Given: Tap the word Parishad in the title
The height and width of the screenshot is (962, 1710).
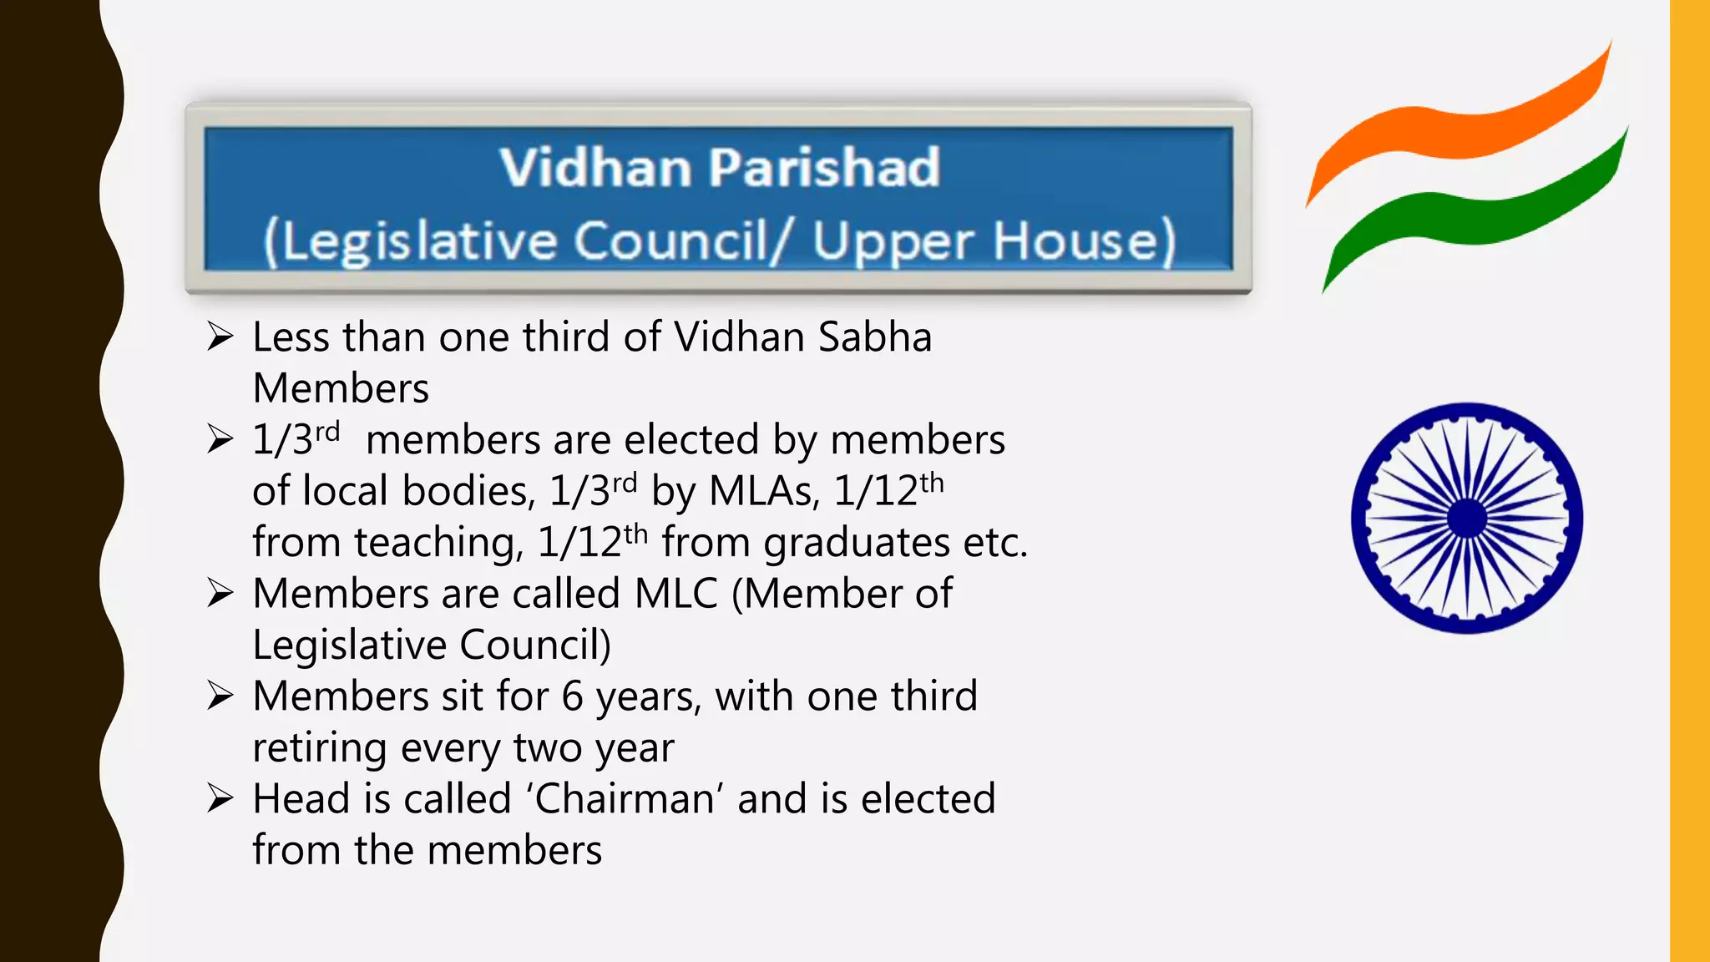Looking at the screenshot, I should (825, 168).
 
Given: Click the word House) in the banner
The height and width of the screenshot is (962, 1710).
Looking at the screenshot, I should (1085, 241).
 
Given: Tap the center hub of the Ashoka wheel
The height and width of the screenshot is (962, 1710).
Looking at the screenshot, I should (1467, 519).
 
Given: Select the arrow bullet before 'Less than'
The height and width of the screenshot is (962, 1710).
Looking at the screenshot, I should (220, 337).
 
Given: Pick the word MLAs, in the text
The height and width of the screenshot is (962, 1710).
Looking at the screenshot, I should (764, 491).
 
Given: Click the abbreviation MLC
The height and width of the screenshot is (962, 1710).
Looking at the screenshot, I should (675, 594).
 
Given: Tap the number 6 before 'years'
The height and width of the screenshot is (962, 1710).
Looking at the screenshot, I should (572, 696).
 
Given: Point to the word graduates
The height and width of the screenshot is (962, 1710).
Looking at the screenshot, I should (856, 544).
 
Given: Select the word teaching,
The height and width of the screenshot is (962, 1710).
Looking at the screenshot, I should (439, 544).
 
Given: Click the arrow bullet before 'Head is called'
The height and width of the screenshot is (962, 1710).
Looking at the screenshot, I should (220, 798).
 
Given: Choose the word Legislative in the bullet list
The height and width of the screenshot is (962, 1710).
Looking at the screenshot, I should (349, 646).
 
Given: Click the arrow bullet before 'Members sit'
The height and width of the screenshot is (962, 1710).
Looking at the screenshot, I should (220, 696).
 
